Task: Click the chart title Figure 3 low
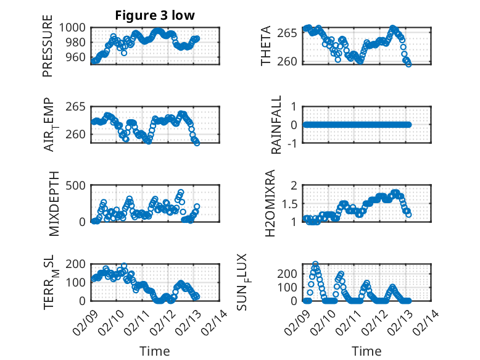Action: (155, 16)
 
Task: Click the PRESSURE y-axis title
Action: (48, 51)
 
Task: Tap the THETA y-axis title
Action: (266, 46)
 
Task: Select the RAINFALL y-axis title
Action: (276, 125)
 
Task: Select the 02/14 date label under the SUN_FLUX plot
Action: (431, 322)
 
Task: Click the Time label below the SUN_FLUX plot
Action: (366, 351)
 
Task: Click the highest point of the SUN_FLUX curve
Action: (315, 264)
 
